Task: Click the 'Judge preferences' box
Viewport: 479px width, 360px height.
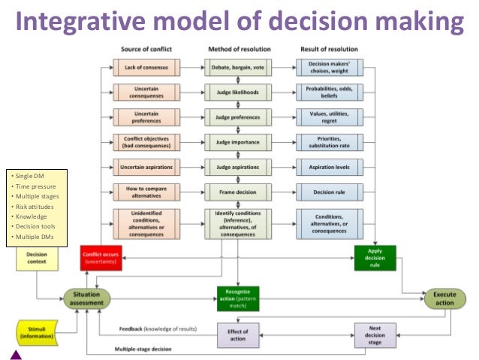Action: [238, 117]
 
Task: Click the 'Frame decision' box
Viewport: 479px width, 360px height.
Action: [238, 192]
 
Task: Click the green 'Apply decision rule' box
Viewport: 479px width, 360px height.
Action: [375, 258]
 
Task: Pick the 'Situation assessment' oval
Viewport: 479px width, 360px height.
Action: [87, 299]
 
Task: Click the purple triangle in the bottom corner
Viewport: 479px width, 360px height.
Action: [17, 352]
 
